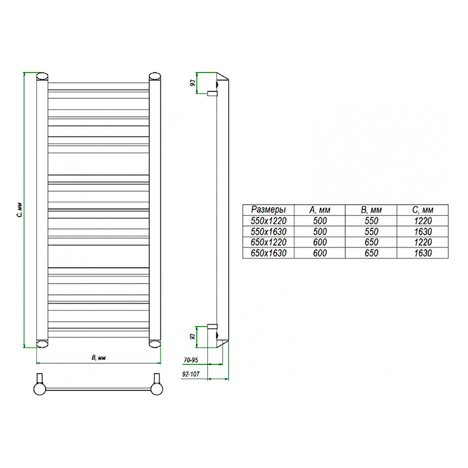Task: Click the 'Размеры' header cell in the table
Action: [x=269, y=209]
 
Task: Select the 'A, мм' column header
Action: [x=319, y=210]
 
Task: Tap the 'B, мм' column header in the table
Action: [x=371, y=210]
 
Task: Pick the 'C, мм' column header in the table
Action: [x=422, y=210]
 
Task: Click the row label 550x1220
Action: [x=269, y=221]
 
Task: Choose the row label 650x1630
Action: [x=269, y=253]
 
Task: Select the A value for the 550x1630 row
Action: [x=319, y=232]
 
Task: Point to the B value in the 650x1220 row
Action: [x=371, y=242]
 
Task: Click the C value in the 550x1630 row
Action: [x=423, y=232]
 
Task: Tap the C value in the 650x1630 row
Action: [x=423, y=253]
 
